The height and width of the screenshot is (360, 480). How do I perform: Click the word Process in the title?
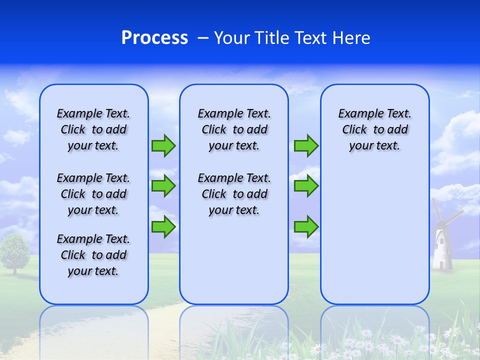[154, 37]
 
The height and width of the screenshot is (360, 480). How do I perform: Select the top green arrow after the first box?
[163, 145]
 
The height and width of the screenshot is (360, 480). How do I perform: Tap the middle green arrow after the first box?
[163, 186]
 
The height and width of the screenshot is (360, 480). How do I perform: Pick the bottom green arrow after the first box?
[163, 227]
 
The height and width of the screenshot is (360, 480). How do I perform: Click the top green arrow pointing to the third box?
[306, 145]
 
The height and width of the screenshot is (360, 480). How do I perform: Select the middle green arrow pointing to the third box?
[306, 186]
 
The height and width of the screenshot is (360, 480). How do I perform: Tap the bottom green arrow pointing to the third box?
[306, 227]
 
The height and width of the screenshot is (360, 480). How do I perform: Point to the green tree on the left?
[15, 250]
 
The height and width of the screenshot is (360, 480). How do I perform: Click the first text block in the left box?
[93, 129]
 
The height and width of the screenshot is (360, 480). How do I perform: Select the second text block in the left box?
[93, 194]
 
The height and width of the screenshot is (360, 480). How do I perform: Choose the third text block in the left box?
[93, 255]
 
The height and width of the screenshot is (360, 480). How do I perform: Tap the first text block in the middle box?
[234, 129]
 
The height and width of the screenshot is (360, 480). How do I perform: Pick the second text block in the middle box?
[234, 194]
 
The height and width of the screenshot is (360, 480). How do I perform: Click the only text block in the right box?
[374, 129]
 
